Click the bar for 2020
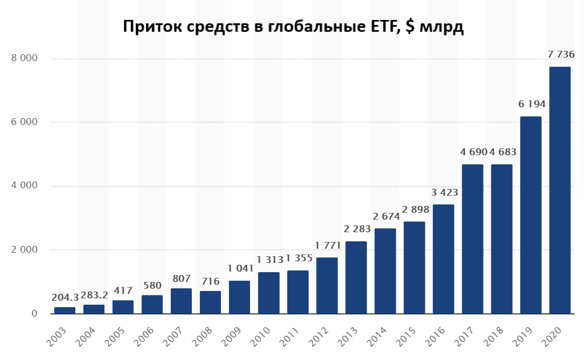coord(559,190)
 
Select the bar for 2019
coord(530,215)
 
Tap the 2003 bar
coord(65,310)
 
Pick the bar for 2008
coord(210,302)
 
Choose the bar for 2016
coord(443,259)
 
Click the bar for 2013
coord(356,277)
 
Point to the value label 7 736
coord(561,55)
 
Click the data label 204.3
coord(65,297)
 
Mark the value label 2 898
coord(414,209)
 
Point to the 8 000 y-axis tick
coord(25,58)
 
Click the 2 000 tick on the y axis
coord(25,250)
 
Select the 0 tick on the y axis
coord(34,314)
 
